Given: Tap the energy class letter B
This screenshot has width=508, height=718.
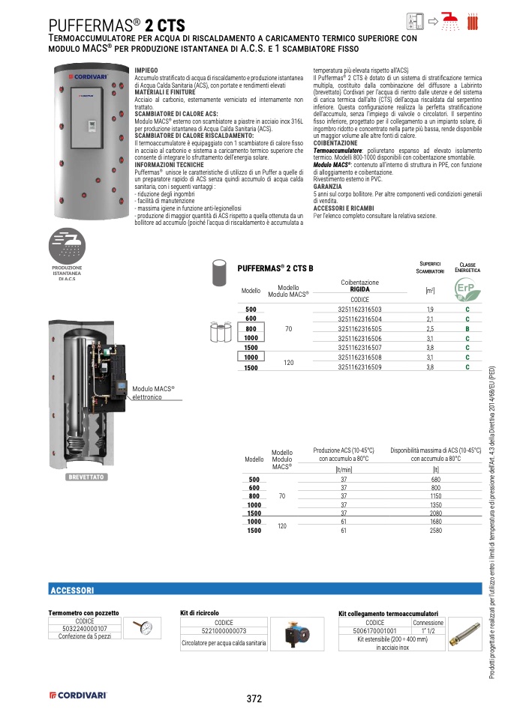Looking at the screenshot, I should pyautogui.click(x=467, y=328).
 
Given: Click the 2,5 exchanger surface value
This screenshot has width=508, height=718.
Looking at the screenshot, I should pyautogui.click(x=430, y=328).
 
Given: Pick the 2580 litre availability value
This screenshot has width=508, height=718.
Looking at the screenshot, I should pyautogui.click(x=435, y=531).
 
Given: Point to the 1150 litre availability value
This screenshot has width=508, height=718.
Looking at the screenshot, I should pyautogui.click(x=435, y=495).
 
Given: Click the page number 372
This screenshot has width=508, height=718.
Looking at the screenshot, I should pyautogui.click(x=254, y=699).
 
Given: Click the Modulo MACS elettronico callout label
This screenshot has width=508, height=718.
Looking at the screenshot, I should pyautogui.click(x=153, y=393).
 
